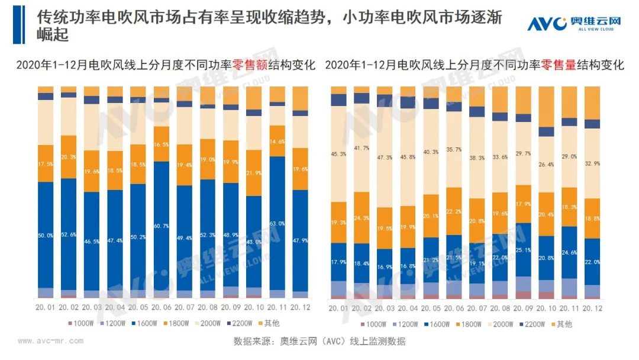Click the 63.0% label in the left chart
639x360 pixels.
pos(278,223)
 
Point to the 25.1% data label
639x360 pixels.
pos(524,249)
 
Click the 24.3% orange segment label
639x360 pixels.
pos(362,217)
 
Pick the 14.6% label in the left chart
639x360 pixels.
pos(278,142)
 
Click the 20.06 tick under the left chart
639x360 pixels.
pos(162,307)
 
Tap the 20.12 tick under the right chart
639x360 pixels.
pos(592,309)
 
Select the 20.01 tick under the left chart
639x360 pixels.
pos(46,307)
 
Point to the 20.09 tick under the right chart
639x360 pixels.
pos(524,309)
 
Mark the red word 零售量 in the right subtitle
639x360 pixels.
pos(559,65)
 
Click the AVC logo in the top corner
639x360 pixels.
pos(574,24)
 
